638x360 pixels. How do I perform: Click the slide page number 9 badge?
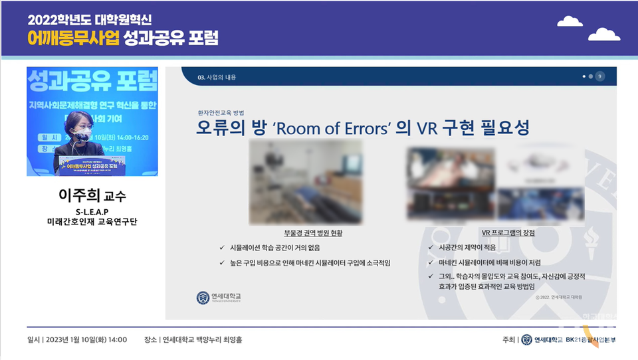[x=600, y=76]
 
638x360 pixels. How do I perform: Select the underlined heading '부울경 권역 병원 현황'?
[x=313, y=233]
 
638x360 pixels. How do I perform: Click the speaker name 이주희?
[x=82, y=197]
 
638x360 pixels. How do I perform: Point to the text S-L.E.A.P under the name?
[x=92, y=211]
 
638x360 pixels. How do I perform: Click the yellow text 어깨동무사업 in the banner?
[x=73, y=38]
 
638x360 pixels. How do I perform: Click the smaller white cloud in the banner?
[x=570, y=22]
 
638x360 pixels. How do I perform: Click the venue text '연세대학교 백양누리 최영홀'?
[x=202, y=339]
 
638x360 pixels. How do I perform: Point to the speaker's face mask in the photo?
[x=83, y=136]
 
